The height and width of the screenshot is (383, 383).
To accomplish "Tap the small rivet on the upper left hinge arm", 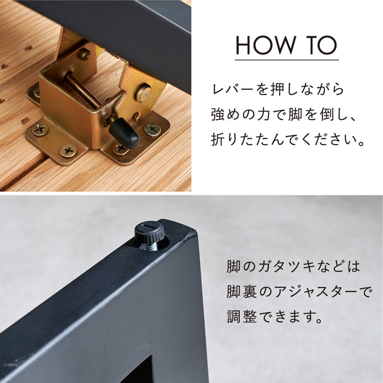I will (84, 55).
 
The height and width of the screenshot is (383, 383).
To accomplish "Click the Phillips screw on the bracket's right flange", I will (152, 128).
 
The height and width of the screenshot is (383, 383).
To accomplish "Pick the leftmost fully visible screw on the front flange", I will (40, 129).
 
